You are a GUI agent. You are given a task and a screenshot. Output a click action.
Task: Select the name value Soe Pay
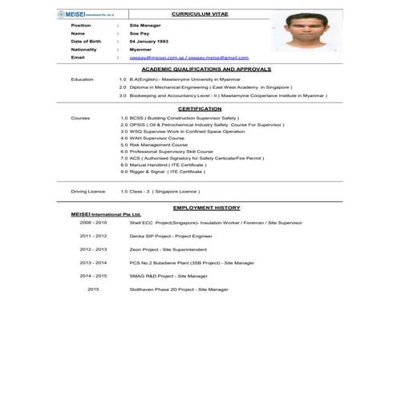tap(140, 33)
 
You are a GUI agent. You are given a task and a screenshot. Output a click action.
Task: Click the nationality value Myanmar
tap(141, 49)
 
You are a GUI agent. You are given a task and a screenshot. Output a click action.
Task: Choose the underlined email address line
tap(188, 58)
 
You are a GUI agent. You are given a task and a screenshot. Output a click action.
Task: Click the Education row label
tap(82, 79)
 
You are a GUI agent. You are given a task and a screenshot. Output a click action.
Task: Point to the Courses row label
tap(80, 118)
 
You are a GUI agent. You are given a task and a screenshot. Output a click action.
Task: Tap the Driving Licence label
tap(88, 192)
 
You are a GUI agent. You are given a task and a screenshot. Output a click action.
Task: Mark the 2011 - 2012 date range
tap(93, 237)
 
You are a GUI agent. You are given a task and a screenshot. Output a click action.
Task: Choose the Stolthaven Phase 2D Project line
tap(179, 289)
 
